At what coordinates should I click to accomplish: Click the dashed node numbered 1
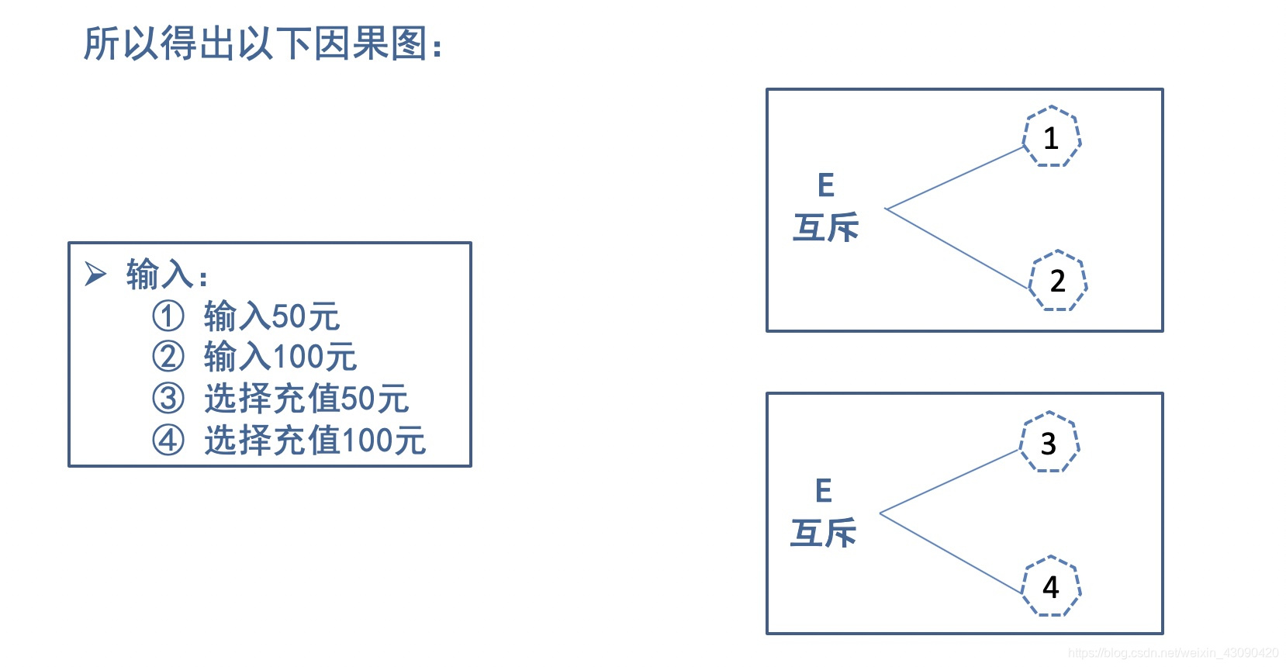pyautogui.click(x=1051, y=137)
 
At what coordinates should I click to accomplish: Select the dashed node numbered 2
pyautogui.click(x=1057, y=281)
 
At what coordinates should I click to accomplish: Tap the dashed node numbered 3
pyautogui.click(x=1049, y=442)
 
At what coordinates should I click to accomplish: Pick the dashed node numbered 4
pyautogui.click(x=1051, y=586)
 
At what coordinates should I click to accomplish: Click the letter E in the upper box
pyautogui.click(x=825, y=185)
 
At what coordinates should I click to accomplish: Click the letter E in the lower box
pyautogui.click(x=823, y=491)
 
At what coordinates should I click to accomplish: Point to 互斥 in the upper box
pyautogui.click(x=825, y=227)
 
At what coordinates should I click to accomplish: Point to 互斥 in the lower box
pyautogui.click(x=823, y=533)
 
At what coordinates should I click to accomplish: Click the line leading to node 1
pyautogui.click(x=956, y=178)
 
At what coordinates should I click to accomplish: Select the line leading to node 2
pyautogui.click(x=957, y=249)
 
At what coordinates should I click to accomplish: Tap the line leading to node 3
pyautogui.click(x=950, y=482)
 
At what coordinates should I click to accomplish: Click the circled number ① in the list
pyautogui.click(x=168, y=316)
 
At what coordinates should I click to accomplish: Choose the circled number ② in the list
pyautogui.click(x=168, y=357)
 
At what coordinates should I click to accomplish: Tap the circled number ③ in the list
pyautogui.click(x=168, y=399)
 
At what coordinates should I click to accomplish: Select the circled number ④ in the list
pyautogui.click(x=168, y=440)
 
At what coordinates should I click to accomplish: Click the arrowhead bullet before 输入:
pyautogui.click(x=95, y=274)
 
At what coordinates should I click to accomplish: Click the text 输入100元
pyautogui.click(x=280, y=357)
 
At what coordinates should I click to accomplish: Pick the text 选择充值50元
pyautogui.click(x=306, y=399)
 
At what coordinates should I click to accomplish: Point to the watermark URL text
pyautogui.click(x=1173, y=653)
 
